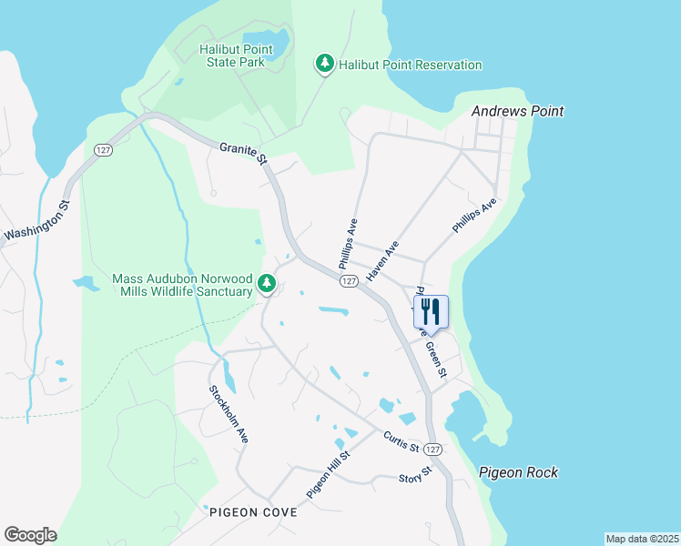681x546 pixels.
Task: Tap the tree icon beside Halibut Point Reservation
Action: pyautogui.click(x=324, y=64)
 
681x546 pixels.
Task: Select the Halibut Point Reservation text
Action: pyautogui.click(x=410, y=65)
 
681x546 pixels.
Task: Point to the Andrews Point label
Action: pyautogui.click(x=517, y=111)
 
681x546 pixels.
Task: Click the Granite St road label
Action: pyautogui.click(x=243, y=152)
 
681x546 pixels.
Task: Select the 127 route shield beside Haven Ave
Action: pyautogui.click(x=349, y=282)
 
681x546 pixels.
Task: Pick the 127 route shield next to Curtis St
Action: pyautogui.click(x=433, y=450)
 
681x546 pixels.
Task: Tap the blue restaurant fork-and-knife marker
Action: pyautogui.click(x=431, y=312)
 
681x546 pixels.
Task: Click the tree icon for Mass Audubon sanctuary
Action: pyautogui.click(x=267, y=285)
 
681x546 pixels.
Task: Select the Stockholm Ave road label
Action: pyautogui.click(x=229, y=414)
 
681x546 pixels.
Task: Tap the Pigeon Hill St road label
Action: pyautogui.click(x=328, y=474)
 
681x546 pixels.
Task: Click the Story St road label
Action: pyautogui.click(x=414, y=478)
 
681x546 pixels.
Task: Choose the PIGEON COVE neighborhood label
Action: pyautogui.click(x=253, y=512)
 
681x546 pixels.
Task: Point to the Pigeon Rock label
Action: pyautogui.click(x=518, y=472)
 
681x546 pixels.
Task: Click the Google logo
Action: pyautogui.click(x=30, y=535)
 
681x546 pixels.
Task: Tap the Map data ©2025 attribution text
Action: pyautogui.click(x=641, y=538)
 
